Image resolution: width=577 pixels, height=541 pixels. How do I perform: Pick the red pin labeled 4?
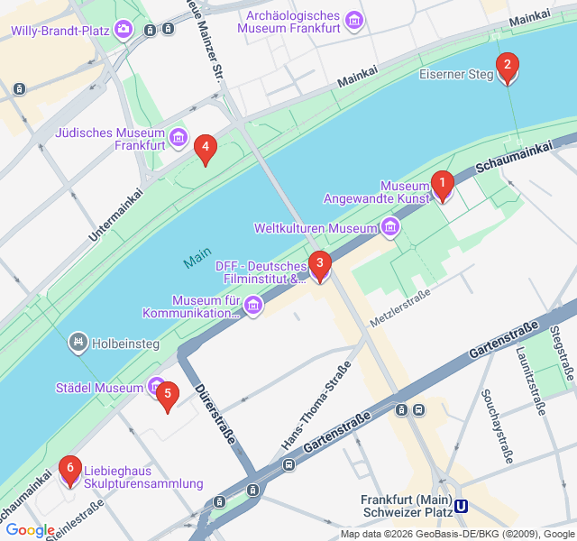click(206, 149)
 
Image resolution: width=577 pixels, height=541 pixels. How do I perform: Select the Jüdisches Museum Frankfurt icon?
click(179, 138)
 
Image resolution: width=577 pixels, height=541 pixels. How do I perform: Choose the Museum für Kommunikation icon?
click(254, 307)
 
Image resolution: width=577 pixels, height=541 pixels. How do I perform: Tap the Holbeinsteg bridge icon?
click(79, 343)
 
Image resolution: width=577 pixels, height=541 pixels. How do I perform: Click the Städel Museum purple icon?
click(157, 387)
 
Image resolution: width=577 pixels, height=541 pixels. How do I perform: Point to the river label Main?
click(197, 259)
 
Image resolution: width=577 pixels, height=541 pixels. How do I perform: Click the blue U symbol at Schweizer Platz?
click(462, 507)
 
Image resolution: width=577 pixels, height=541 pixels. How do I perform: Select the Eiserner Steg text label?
click(456, 75)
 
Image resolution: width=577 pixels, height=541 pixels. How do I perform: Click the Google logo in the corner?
click(30, 530)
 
